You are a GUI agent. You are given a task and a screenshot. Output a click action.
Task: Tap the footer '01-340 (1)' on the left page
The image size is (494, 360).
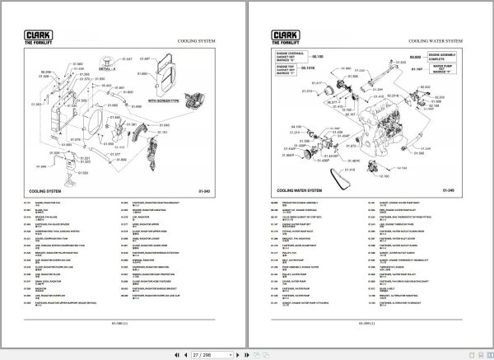pyautogui.click(x=123, y=324)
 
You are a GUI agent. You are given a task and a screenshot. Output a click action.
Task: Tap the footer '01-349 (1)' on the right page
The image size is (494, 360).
pyautogui.click(x=369, y=324)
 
